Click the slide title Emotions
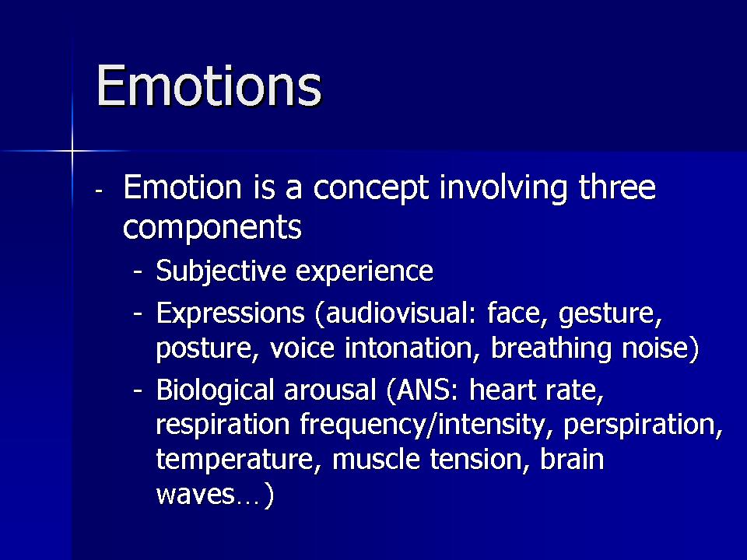[209, 86]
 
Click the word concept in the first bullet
[371, 189]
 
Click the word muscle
[377, 459]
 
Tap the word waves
[195, 495]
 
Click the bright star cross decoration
[72, 151]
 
